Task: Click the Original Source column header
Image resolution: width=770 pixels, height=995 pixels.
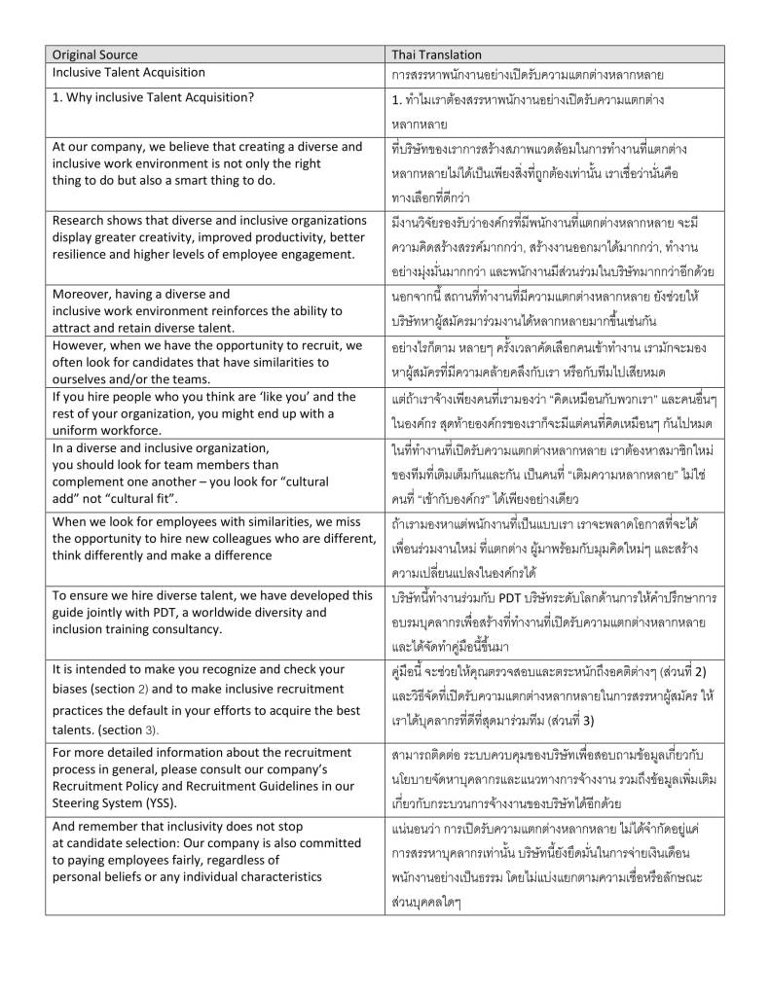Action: pos(94,54)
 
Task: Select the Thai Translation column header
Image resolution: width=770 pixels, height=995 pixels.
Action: pos(436,54)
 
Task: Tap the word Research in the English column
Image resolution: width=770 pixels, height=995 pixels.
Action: pos(81,220)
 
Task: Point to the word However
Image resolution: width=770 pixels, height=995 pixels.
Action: pos(82,345)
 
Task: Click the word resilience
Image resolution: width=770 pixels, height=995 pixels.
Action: pos(83,254)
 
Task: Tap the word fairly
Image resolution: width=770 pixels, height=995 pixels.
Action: pos(169,860)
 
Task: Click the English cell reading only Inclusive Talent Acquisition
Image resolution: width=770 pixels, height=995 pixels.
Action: pos(128,73)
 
